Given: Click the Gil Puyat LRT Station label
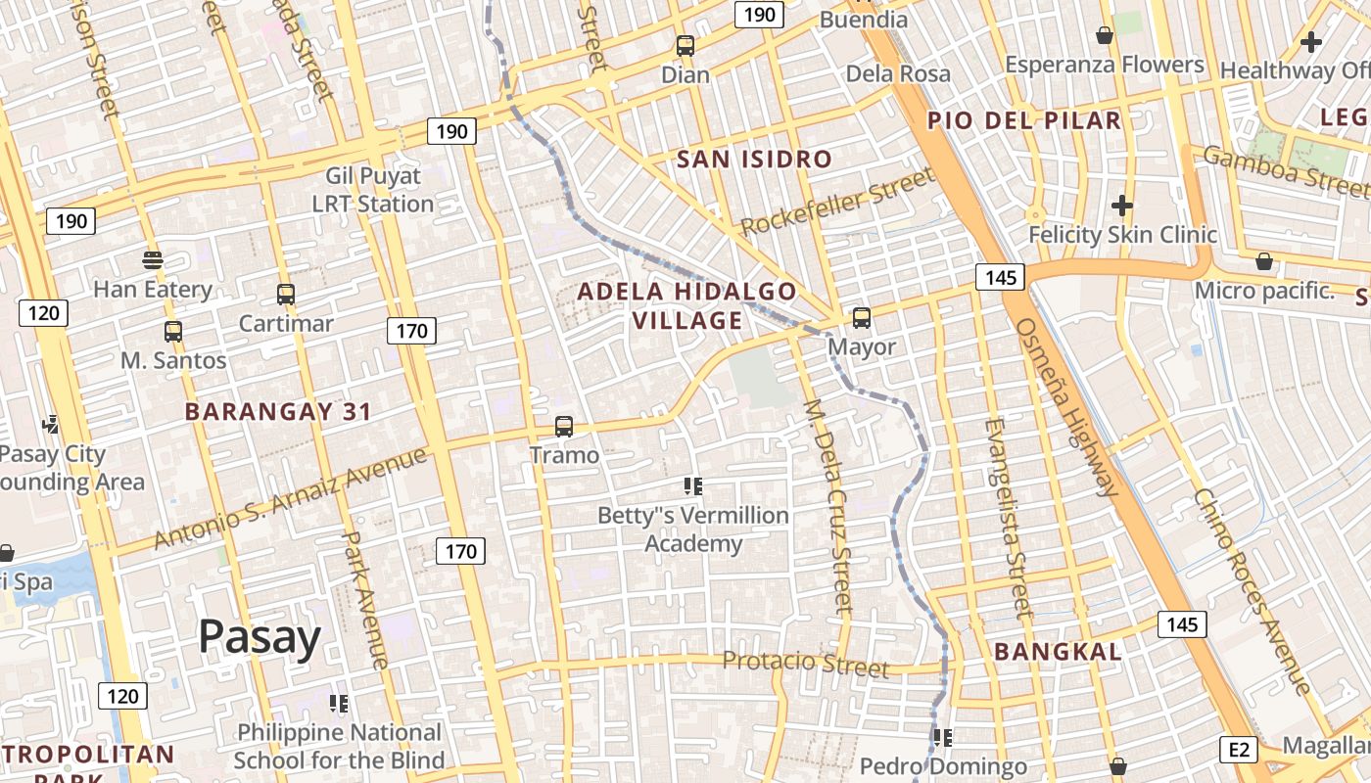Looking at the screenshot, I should click(x=373, y=190).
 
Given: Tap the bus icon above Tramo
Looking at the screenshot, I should click(x=564, y=427).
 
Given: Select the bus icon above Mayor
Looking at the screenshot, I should click(x=862, y=318).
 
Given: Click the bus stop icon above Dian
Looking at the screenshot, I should click(x=685, y=46).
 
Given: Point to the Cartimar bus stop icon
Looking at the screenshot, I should click(x=286, y=295).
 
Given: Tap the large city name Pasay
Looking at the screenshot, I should click(x=260, y=637).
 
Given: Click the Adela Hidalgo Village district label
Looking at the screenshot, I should click(x=686, y=305).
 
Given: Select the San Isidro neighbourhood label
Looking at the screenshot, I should click(x=754, y=159).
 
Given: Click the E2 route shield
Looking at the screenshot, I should click(x=1239, y=750).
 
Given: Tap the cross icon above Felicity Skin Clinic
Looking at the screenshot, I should click(x=1122, y=207).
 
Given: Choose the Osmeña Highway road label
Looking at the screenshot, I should click(x=1067, y=407).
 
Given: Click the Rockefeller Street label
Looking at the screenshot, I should click(x=837, y=202).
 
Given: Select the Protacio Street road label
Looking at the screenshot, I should click(x=806, y=665).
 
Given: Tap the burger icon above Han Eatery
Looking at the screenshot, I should click(x=152, y=260).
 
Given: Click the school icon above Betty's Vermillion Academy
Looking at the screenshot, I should click(x=693, y=486).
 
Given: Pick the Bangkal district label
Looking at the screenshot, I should click(x=1058, y=652).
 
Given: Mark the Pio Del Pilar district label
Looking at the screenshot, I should click(x=1024, y=120).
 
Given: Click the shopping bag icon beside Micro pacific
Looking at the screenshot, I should click(x=1264, y=262).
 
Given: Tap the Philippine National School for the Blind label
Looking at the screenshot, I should click(x=339, y=746).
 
